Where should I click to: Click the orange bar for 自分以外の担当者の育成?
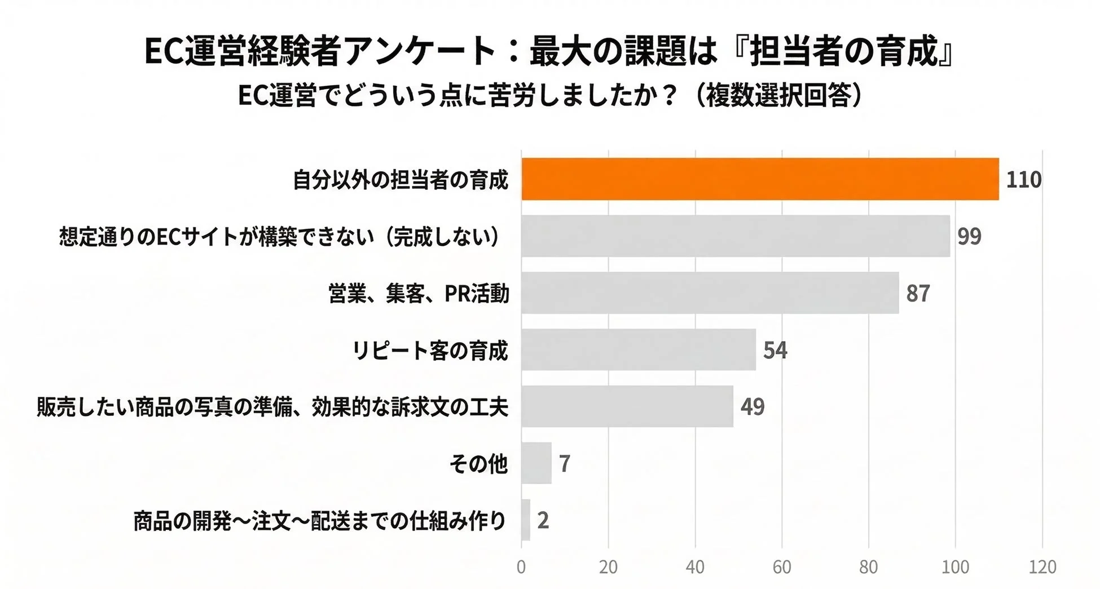760,179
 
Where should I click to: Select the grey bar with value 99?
736,236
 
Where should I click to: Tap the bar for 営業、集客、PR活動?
710,293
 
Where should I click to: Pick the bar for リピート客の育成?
639,350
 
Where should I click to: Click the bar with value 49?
627,406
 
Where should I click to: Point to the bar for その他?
536,463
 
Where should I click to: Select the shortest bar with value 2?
526,520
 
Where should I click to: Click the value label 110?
1024,180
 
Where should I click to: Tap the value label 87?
918,294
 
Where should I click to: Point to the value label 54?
775,351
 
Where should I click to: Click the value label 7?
565,464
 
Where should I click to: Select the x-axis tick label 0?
521,566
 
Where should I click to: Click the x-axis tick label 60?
782,566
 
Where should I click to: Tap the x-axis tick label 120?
1042,566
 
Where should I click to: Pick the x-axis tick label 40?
695,566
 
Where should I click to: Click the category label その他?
478,464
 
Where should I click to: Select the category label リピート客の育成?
430,351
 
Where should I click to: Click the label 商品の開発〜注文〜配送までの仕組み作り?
320,520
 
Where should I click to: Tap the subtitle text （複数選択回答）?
778,95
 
